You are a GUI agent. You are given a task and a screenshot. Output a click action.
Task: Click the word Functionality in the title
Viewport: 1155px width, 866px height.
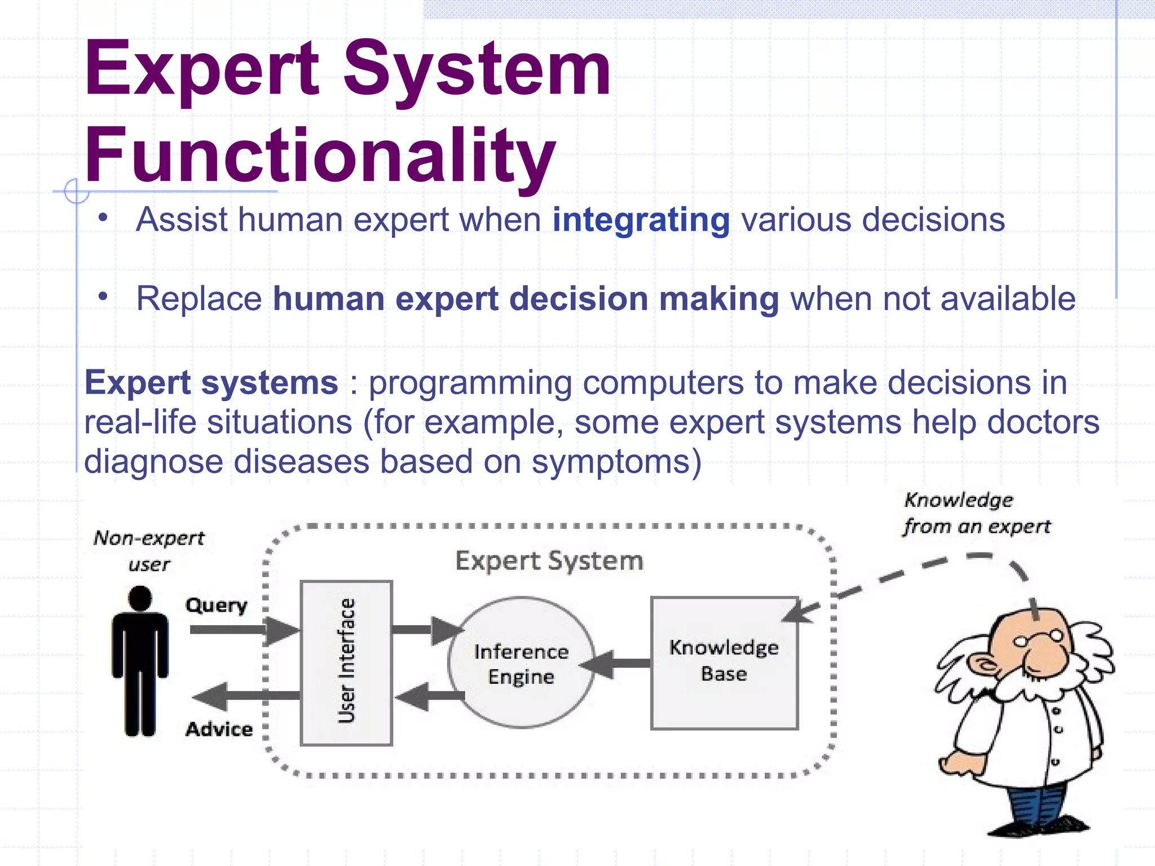click(x=320, y=155)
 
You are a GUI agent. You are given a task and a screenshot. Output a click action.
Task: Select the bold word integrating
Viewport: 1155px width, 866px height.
click(x=641, y=220)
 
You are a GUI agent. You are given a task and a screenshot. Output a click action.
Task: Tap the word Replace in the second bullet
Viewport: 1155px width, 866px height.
click(x=199, y=299)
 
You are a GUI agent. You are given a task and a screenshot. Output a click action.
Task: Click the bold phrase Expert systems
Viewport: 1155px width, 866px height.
click(x=211, y=383)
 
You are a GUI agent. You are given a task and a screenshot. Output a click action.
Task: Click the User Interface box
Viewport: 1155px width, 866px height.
click(x=346, y=662)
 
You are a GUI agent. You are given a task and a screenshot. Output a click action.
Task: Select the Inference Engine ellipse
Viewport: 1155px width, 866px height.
click(x=521, y=663)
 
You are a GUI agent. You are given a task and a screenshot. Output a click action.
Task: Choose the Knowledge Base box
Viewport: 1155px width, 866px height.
click(x=724, y=663)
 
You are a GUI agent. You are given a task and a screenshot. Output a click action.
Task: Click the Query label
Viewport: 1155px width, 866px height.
click(x=217, y=605)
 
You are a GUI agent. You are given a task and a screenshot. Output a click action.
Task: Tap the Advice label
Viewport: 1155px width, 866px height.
click(x=219, y=729)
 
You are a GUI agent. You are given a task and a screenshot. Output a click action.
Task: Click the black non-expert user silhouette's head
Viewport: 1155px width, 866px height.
click(x=140, y=598)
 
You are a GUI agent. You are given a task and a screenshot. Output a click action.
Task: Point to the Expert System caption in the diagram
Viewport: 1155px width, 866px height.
click(x=549, y=561)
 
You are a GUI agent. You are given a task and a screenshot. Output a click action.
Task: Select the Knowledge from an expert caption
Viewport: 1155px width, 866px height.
click(x=976, y=513)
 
